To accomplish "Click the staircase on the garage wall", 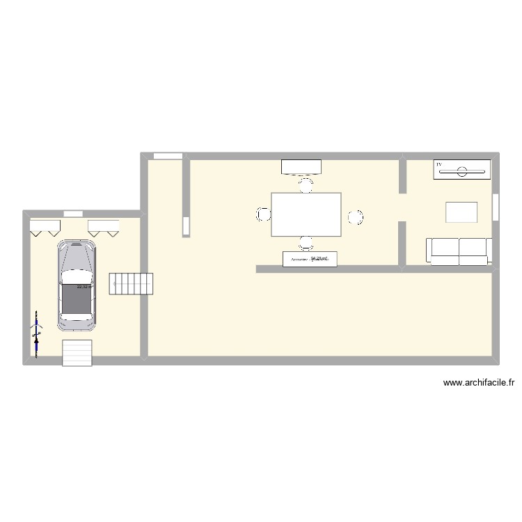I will point(132,283).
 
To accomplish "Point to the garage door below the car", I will point(77,352).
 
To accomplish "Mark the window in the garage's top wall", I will point(73,213).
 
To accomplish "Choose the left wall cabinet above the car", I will point(45,227).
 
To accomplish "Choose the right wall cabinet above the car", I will point(104,227).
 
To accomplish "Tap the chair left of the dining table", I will point(263,215).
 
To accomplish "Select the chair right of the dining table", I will point(355,217).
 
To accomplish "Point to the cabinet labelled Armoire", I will point(310,259).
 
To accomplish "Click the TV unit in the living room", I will point(462,170).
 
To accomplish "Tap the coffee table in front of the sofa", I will point(461,212).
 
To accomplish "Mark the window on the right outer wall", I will point(496,207).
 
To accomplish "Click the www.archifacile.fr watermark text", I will point(478,382).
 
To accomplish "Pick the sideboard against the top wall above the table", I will point(301,166).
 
